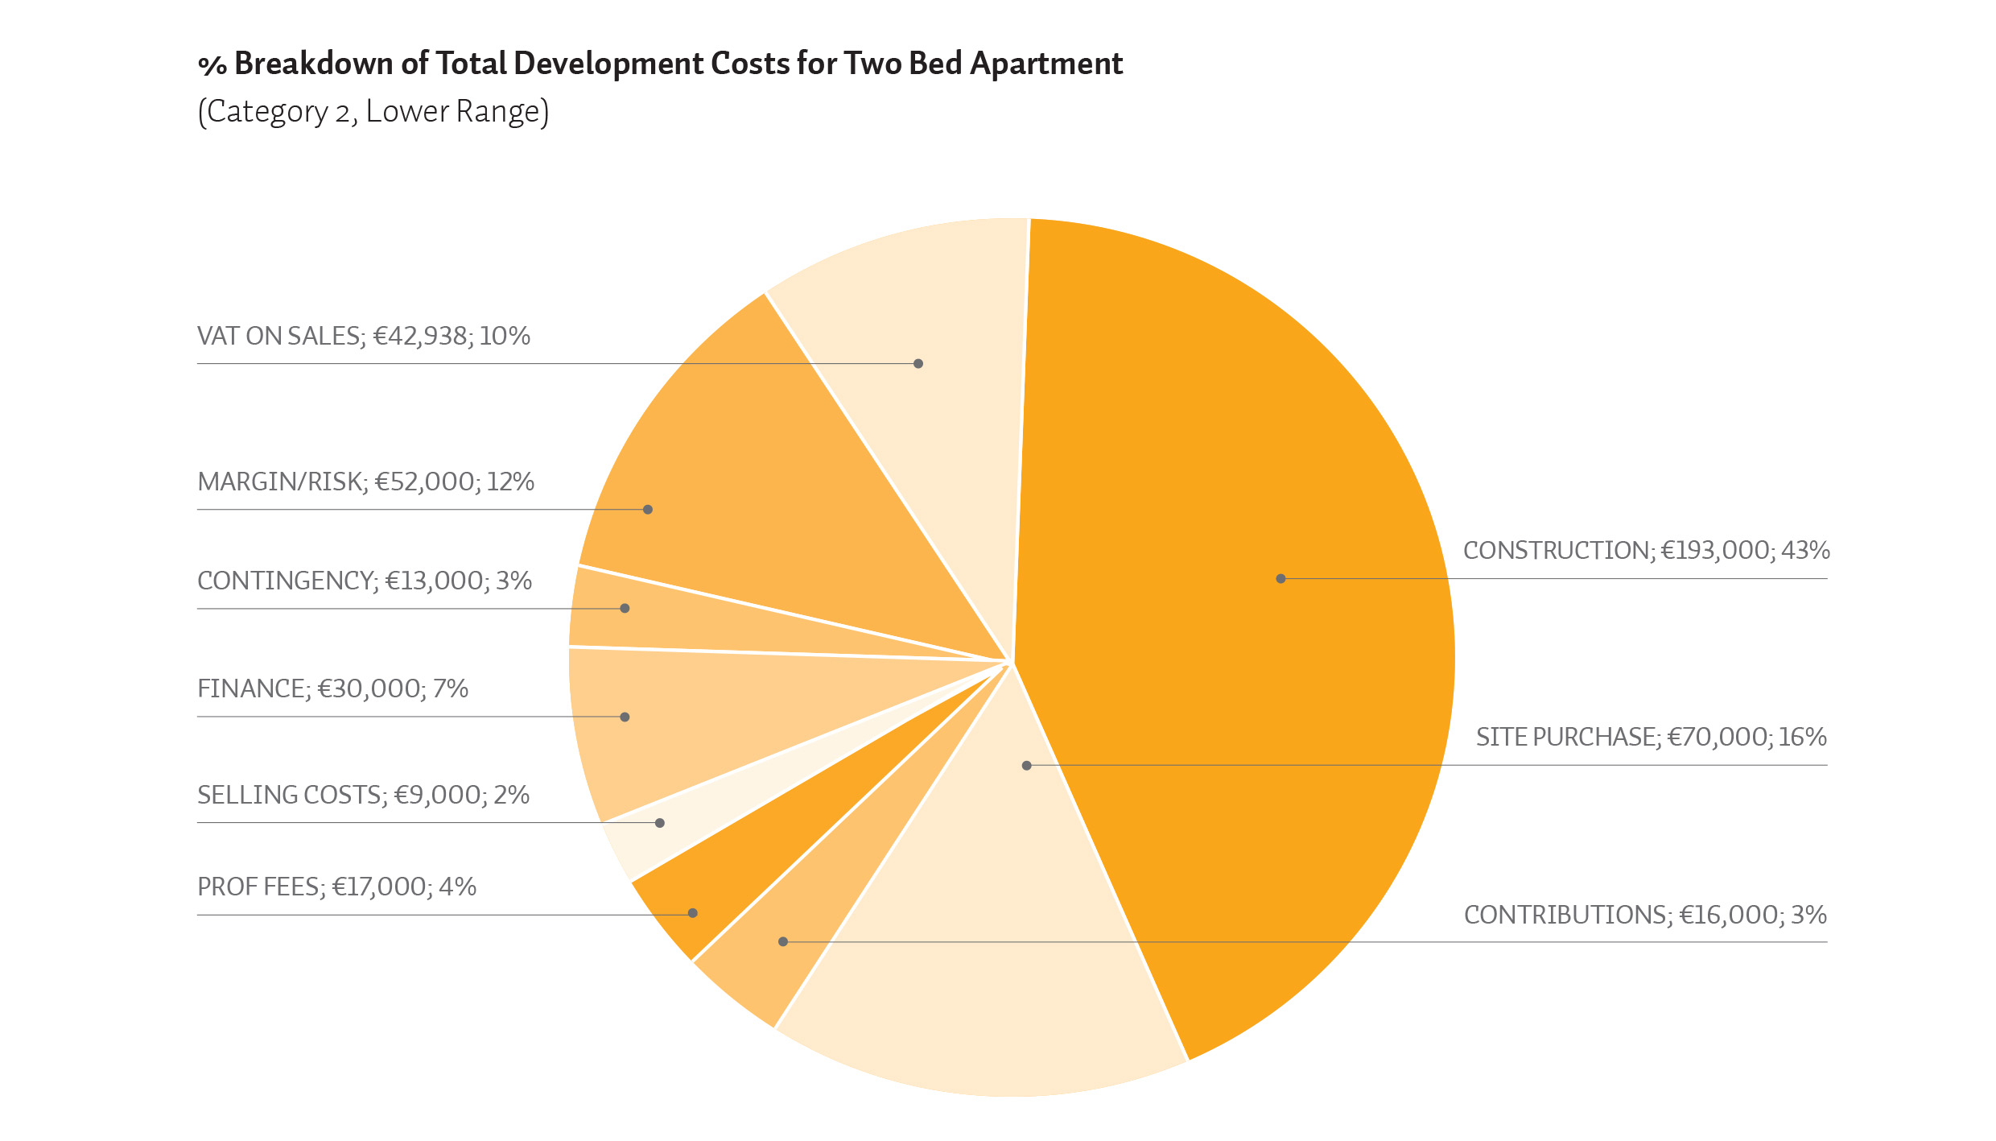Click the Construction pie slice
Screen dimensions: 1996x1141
tap(1256, 612)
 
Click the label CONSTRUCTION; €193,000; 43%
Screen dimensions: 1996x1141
tap(1646, 551)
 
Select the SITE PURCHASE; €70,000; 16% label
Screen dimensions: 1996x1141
tap(1652, 738)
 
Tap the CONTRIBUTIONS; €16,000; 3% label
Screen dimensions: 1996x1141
tap(1645, 916)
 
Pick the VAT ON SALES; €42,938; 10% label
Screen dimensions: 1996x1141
tap(364, 337)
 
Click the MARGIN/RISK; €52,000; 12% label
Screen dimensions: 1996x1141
tap(366, 482)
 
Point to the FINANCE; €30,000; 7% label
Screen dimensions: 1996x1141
tap(333, 689)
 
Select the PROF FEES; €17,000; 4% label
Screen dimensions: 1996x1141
tap(337, 887)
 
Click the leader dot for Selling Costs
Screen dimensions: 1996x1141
tap(660, 823)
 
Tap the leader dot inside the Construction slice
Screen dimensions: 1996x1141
tap(1280, 578)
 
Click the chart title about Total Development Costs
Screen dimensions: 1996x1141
tap(660, 64)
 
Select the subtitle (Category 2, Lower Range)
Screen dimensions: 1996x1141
tap(373, 112)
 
